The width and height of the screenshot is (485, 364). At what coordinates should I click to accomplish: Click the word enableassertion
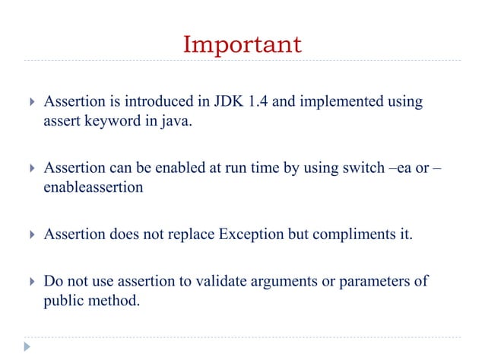(x=92, y=187)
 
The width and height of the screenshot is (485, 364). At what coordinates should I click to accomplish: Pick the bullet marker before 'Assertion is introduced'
(x=29, y=102)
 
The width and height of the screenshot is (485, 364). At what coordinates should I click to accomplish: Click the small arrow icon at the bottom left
(x=27, y=346)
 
